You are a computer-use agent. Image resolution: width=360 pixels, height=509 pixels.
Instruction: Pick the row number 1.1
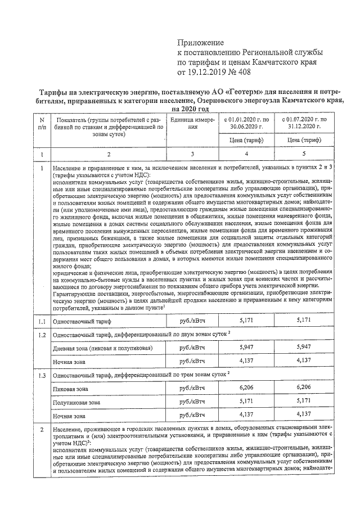[x=41, y=321]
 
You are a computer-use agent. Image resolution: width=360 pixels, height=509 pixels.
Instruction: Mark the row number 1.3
[x=41, y=374]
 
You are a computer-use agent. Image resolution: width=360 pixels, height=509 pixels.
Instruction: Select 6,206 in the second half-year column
[x=303, y=388]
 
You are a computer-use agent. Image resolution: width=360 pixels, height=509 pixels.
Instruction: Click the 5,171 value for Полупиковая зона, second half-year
[x=303, y=402]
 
